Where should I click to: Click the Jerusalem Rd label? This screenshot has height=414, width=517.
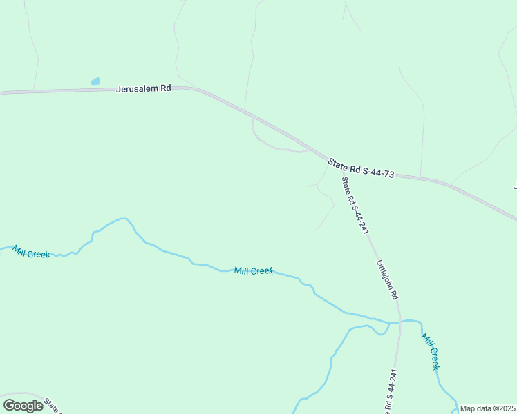[143, 88]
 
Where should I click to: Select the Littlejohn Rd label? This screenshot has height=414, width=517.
[387, 279]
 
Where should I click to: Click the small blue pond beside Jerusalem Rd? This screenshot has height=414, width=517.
[95, 81]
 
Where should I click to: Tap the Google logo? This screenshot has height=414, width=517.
[23, 405]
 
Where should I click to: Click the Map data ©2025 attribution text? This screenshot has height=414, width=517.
[487, 408]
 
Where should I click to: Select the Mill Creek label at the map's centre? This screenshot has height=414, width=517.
[254, 271]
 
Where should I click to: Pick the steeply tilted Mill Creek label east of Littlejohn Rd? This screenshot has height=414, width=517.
[431, 351]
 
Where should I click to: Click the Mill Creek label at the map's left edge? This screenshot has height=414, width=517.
[30, 253]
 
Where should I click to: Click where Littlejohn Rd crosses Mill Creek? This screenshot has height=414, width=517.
[399, 322]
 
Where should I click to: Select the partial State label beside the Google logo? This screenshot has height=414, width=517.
[53, 404]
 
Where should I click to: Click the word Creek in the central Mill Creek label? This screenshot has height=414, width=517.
[262, 271]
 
